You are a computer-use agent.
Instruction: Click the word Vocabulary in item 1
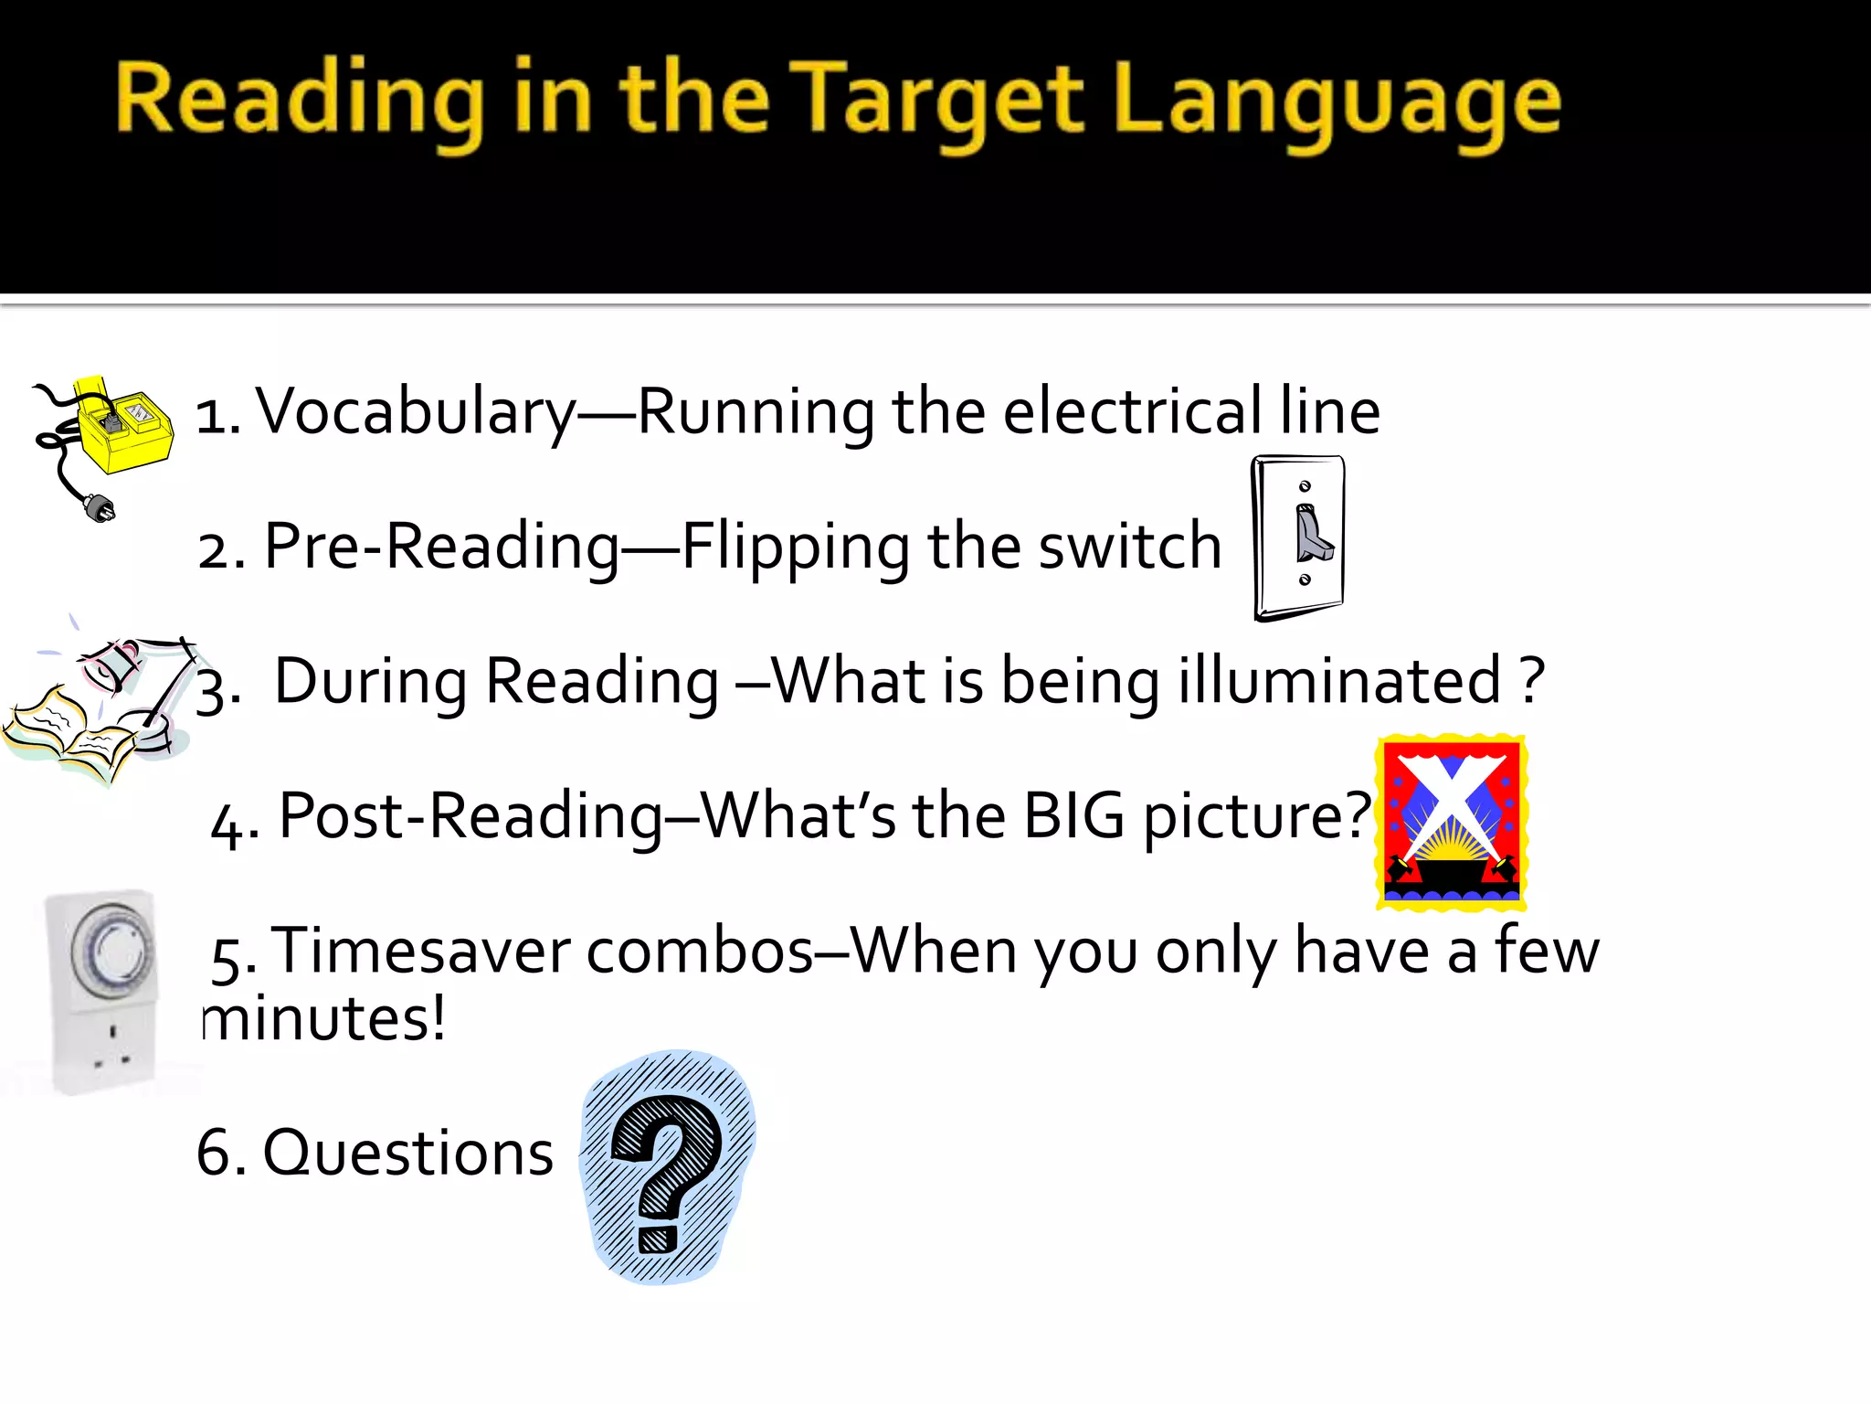pos(416,412)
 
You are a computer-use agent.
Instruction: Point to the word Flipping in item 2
pos(795,548)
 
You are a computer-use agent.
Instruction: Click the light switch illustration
pos(1298,537)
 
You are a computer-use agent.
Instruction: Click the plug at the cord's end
pos(99,506)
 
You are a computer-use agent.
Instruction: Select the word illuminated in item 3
pos(1339,681)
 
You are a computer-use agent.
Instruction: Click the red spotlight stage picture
pos(1451,823)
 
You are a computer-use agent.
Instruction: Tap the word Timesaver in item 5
pos(419,951)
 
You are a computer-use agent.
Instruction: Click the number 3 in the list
pos(216,690)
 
